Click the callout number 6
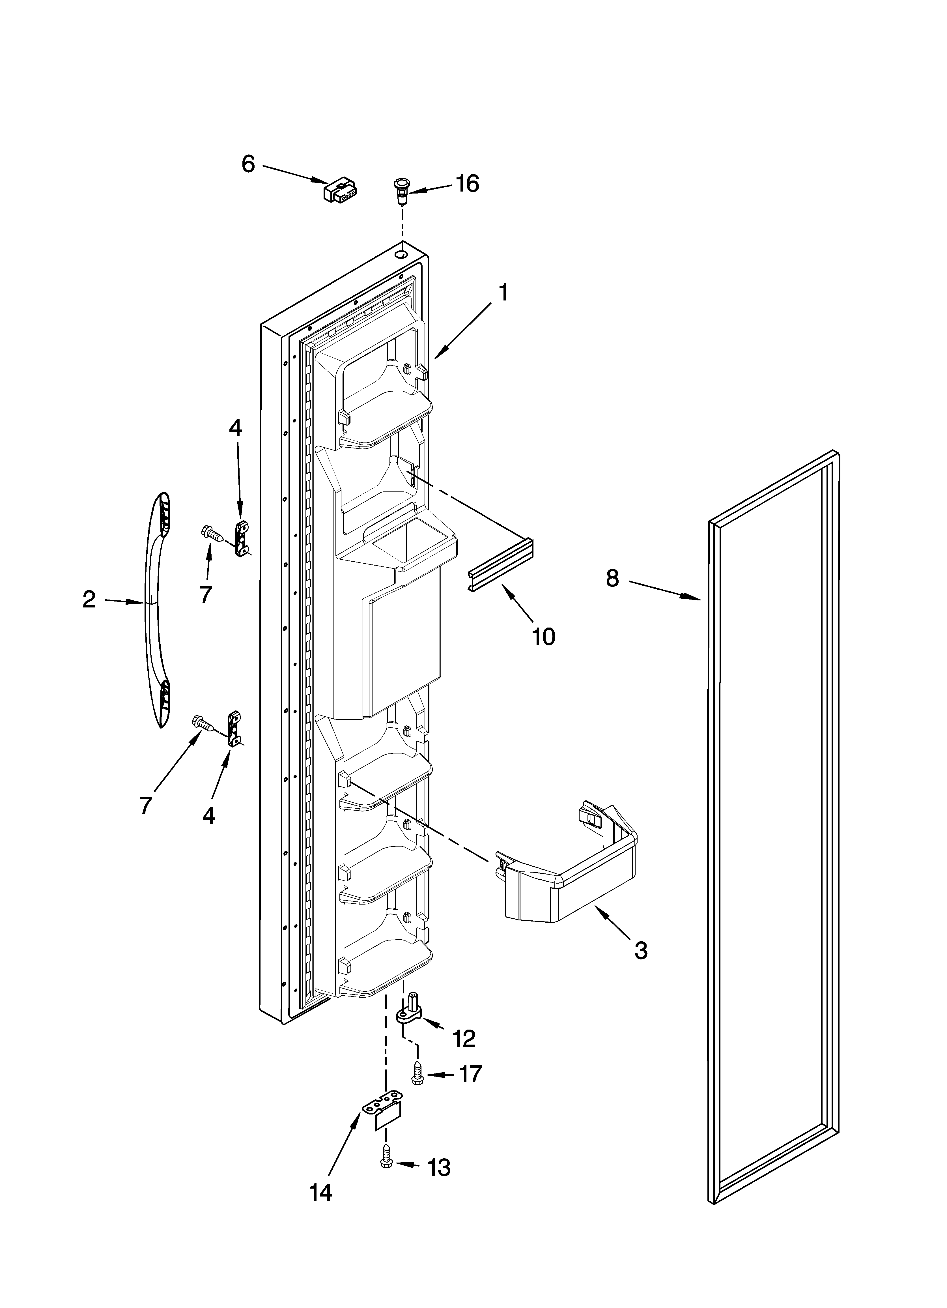[248, 164]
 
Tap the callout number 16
[467, 184]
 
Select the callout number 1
[503, 293]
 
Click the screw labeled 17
[417, 1074]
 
